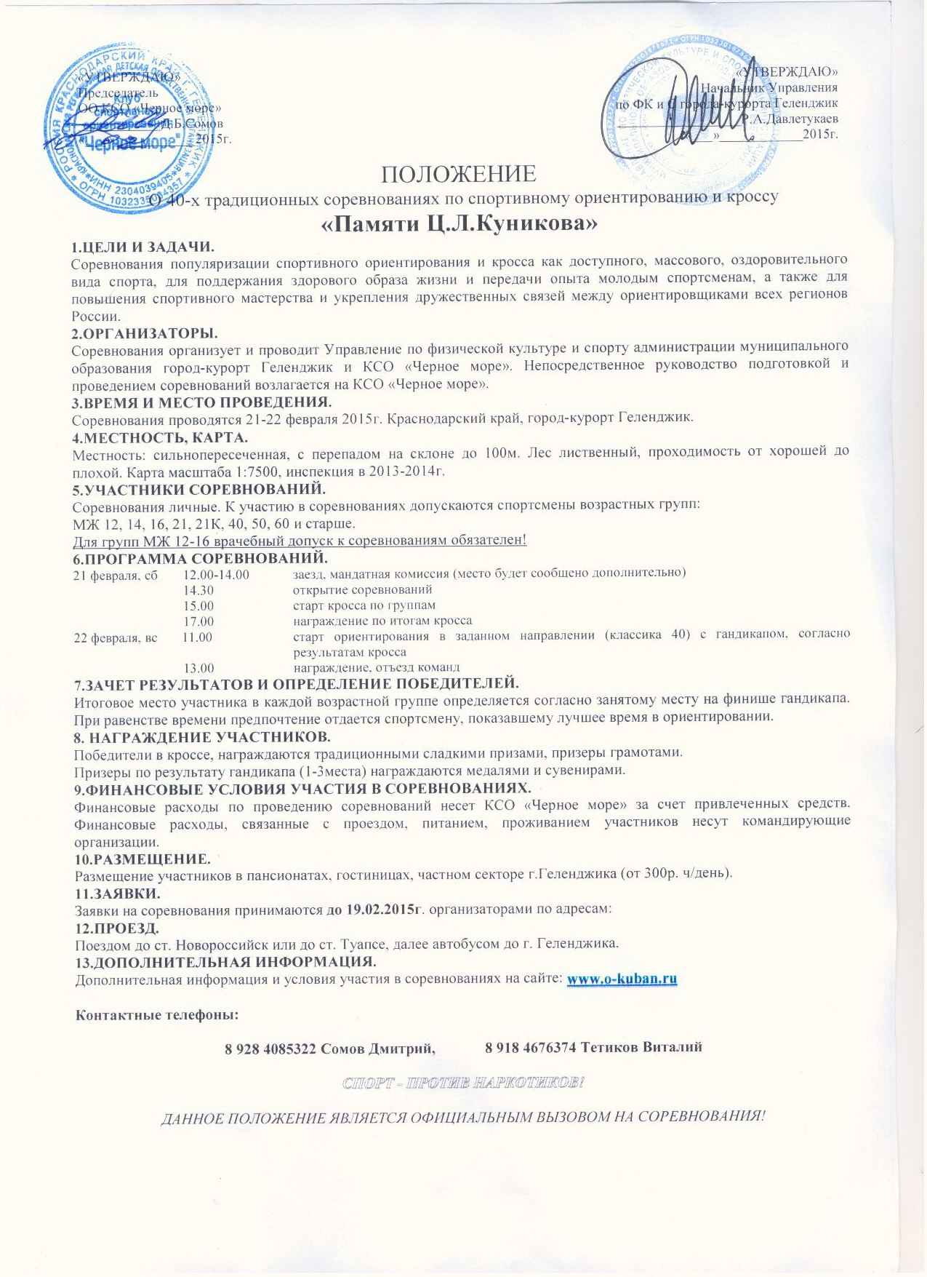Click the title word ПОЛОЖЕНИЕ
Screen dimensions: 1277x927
coord(459,175)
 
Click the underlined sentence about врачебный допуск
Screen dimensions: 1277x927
coord(300,540)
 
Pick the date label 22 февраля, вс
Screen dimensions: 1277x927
coord(116,637)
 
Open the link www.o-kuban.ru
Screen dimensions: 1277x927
coord(622,979)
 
